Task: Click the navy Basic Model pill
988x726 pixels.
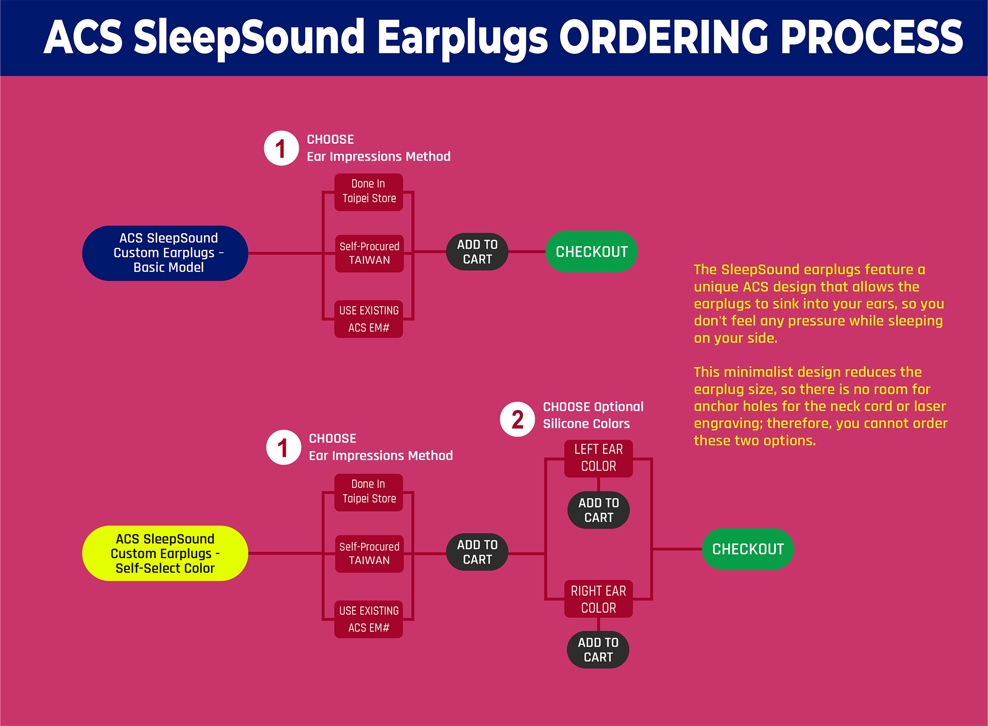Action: point(165,253)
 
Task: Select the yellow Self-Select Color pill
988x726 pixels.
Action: point(165,553)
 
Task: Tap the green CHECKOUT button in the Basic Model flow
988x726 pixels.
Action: point(591,251)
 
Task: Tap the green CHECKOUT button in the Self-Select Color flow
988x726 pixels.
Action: point(747,549)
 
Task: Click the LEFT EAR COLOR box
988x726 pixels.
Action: point(598,458)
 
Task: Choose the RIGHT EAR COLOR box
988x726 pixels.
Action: point(598,599)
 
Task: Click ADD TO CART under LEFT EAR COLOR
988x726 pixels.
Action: point(598,510)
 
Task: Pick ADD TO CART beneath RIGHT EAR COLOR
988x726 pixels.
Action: point(598,649)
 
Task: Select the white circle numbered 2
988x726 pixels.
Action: point(517,419)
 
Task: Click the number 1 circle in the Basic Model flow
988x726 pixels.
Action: point(281,148)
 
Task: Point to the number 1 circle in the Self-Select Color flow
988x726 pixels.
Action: point(283,447)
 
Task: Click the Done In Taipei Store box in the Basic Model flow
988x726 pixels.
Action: point(369,192)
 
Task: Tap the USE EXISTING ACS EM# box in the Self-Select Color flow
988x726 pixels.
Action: point(369,619)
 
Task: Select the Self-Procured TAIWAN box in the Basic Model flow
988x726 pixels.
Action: point(369,253)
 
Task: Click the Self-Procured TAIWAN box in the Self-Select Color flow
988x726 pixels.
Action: point(369,553)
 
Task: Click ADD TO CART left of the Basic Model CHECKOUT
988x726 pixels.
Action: point(477,251)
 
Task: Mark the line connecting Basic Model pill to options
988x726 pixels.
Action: point(284,253)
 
